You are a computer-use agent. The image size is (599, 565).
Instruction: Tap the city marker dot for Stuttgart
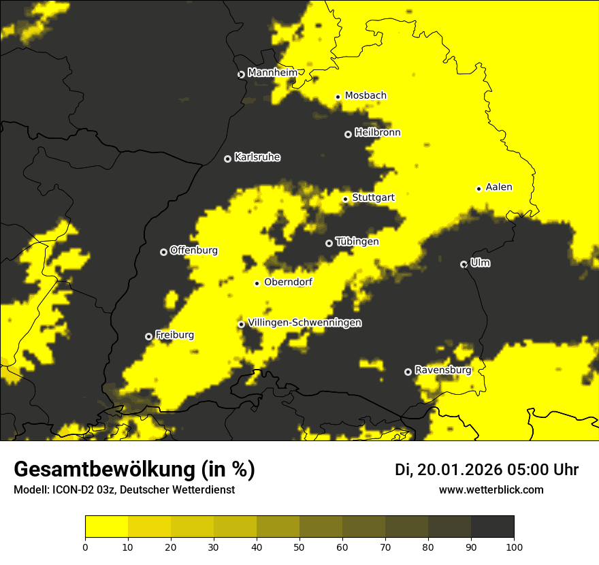point(345,199)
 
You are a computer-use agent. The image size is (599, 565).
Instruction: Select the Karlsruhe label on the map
point(257,157)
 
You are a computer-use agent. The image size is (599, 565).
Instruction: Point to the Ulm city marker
point(464,264)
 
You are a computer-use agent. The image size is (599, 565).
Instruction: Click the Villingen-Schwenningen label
point(304,323)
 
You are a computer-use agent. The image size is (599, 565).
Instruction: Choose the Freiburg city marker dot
point(148,336)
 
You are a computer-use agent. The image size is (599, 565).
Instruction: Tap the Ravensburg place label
point(442,370)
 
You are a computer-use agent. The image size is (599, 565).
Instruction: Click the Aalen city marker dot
point(479,189)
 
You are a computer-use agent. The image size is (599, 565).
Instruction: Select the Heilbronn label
point(377,133)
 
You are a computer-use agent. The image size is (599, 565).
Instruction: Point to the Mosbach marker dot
point(338,97)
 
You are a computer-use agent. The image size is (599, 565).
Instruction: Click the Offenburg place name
point(193,251)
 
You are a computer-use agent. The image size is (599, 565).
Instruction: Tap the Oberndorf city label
point(288,282)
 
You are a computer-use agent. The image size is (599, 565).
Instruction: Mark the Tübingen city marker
point(329,243)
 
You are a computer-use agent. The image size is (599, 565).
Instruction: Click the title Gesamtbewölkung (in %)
point(134,470)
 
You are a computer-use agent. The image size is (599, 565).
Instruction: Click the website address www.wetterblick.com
point(491,489)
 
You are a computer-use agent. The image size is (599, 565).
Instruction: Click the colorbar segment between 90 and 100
point(492,527)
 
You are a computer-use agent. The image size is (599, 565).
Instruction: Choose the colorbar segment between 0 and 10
point(106,527)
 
